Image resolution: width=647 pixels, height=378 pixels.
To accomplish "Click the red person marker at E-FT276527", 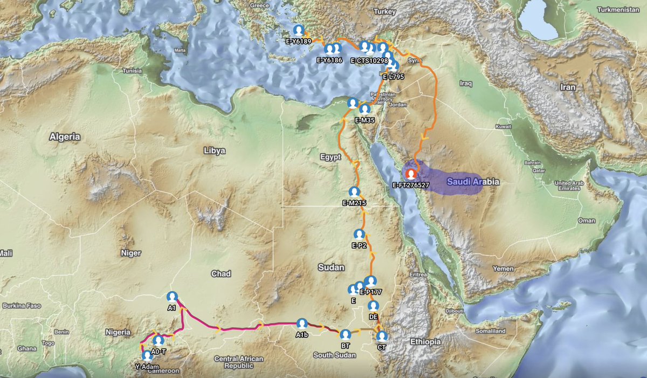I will pyautogui.click(x=411, y=174).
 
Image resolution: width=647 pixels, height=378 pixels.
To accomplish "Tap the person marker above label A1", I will pyautogui.click(x=172, y=297).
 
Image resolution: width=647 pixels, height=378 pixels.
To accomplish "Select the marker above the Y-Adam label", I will pyautogui.click(x=146, y=356).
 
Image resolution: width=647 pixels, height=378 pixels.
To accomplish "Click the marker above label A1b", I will pyautogui.click(x=302, y=324).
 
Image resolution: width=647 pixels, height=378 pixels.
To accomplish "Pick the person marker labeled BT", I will pyautogui.click(x=346, y=334).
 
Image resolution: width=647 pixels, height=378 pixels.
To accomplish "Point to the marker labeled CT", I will pyautogui.click(x=382, y=336).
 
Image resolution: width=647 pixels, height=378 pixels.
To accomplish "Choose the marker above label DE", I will pyautogui.click(x=373, y=306).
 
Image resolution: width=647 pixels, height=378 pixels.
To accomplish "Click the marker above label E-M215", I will pyautogui.click(x=354, y=192).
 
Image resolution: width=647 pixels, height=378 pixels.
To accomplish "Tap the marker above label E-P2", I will pyautogui.click(x=359, y=235).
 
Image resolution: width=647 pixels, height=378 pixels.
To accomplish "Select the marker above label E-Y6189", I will pyautogui.click(x=298, y=30).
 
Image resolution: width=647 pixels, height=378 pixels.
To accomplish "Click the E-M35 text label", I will pyautogui.click(x=364, y=120).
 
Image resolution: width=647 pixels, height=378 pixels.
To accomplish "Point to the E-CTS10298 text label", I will pyautogui.click(x=369, y=60).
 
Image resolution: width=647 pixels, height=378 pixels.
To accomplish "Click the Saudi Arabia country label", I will pyautogui.click(x=473, y=182).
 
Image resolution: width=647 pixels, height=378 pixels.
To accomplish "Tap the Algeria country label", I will pyautogui.click(x=65, y=137).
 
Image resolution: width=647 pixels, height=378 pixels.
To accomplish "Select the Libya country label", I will pyautogui.click(x=215, y=151).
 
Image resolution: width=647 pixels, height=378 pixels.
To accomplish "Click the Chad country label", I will pyautogui.click(x=221, y=274).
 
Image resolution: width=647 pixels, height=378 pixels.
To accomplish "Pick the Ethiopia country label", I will pyautogui.click(x=425, y=342).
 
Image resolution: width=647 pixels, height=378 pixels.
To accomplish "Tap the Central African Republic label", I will pyautogui.click(x=238, y=362).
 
